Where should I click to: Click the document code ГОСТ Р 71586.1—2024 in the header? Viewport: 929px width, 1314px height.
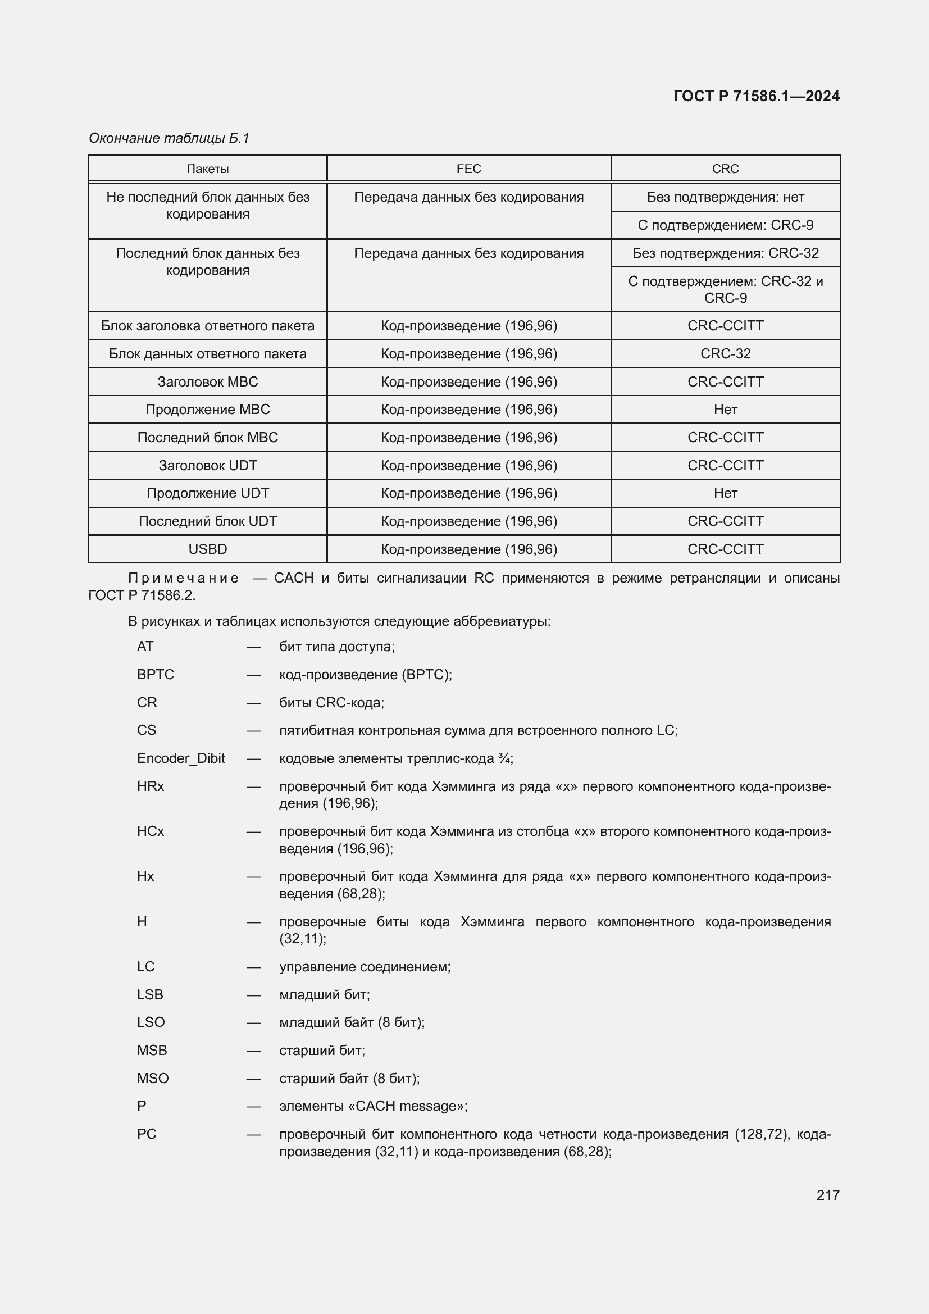pyautogui.click(x=755, y=96)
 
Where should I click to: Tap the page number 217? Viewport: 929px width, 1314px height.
pyautogui.click(x=827, y=1195)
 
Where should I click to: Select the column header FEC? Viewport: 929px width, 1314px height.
pyautogui.click(x=468, y=169)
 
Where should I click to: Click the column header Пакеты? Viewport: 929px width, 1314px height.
pyautogui.click(x=208, y=169)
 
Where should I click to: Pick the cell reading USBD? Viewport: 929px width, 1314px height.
pyautogui.click(x=208, y=549)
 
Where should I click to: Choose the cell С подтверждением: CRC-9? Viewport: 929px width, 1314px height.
pyautogui.click(x=725, y=225)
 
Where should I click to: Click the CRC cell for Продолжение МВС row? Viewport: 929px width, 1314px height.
pyautogui.click(x=725, y=410)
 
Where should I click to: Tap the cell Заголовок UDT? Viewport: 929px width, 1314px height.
pyautogui.click(x=208, y=466)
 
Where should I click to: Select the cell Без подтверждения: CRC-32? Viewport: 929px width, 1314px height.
pyautogui.click(x=725, y=253)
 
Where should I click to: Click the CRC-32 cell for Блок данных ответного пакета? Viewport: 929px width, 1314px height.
pyautogui.click(x=725, y=354)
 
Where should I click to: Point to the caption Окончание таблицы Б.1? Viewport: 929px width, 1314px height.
pyautogui.click(x=169, y=138)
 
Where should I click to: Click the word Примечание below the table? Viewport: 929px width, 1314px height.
pyautogui.click(x=183, y=578)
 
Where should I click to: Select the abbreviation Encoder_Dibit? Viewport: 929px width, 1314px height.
pyautogui.click(x=181, y=758)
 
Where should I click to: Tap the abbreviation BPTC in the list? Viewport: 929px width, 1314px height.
pyautogui.click(x=155, y=675)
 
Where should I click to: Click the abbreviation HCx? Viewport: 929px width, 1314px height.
pyautogui.click(x=151, y=831)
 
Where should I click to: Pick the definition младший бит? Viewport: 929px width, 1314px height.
pyautogui.click(x=324, y=995)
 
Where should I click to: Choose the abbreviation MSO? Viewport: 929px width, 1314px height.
pyautogui.click(x=153, y=1078)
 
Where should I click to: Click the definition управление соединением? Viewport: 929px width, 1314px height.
pyautogui.click(x=365, y=967)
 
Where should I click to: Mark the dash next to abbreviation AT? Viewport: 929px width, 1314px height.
pyautogui.click(x=253, y=647)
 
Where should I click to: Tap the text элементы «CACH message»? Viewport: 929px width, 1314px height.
pyautogui.click(x=373, y=1106)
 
